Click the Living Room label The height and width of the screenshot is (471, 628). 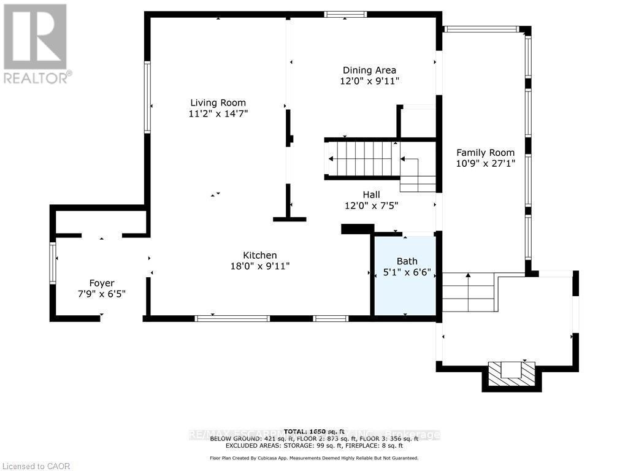[x=218, y=103]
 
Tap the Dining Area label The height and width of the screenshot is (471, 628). [x=369, y=70]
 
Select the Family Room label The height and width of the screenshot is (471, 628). [x=485, y=153]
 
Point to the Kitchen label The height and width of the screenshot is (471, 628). [x=260, y=255]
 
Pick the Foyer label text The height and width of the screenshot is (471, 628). [x=102, y=283]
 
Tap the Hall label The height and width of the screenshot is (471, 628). [x=371, y=195]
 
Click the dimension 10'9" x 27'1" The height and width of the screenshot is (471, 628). [x=485, y=164]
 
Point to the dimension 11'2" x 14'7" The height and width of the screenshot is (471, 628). [x=218, y=113]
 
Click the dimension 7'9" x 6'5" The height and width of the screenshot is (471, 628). [x=102, y=294]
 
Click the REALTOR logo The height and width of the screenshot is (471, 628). [x=36, y=44]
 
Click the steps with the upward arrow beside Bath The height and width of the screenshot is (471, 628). [x=468, y=293]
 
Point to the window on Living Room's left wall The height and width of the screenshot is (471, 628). [x=147, y=98]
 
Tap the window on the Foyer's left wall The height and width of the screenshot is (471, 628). [x=53, y=262]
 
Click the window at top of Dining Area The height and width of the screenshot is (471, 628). [x=345, y=15]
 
